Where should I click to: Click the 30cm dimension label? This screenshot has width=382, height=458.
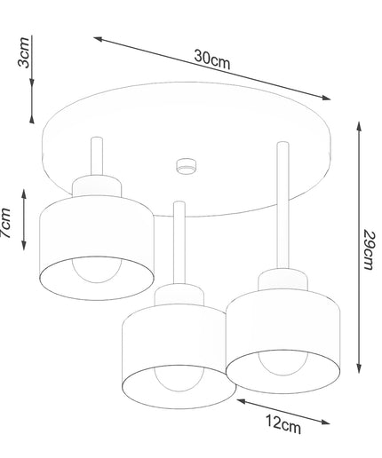pos(211,59)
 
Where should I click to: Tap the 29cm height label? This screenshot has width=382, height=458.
pos(369,250)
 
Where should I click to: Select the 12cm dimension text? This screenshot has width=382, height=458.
pos(283,424)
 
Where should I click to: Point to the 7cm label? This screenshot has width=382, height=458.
pos(6,223)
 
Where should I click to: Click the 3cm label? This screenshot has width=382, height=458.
pos(24,52)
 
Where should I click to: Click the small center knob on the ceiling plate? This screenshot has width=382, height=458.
pos(186,166)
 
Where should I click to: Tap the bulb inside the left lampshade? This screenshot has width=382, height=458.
pos(97,270)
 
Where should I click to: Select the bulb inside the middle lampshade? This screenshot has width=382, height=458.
pos(179,378)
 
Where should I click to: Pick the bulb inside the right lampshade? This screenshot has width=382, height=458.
pos(283,363)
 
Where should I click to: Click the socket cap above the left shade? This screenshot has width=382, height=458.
pos(97,186)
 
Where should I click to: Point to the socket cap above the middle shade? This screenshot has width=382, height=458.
pos(179,295)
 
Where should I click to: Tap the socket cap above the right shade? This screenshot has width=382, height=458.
pos(283,280)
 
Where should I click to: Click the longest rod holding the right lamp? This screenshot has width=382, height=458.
pos(283,205)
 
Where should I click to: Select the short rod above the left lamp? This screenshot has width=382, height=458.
pos(97,156)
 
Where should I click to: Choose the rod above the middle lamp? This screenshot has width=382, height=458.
pos(179,242)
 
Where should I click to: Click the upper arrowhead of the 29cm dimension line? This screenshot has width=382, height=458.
pos(359,127)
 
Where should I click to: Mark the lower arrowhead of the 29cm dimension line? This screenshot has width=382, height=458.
pos(359,368)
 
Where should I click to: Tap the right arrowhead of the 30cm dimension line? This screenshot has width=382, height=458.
pos(326,98)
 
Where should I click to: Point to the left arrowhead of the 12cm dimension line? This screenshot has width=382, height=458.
pos(242,401)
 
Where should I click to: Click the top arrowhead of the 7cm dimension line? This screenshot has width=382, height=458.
pos(24,193)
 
